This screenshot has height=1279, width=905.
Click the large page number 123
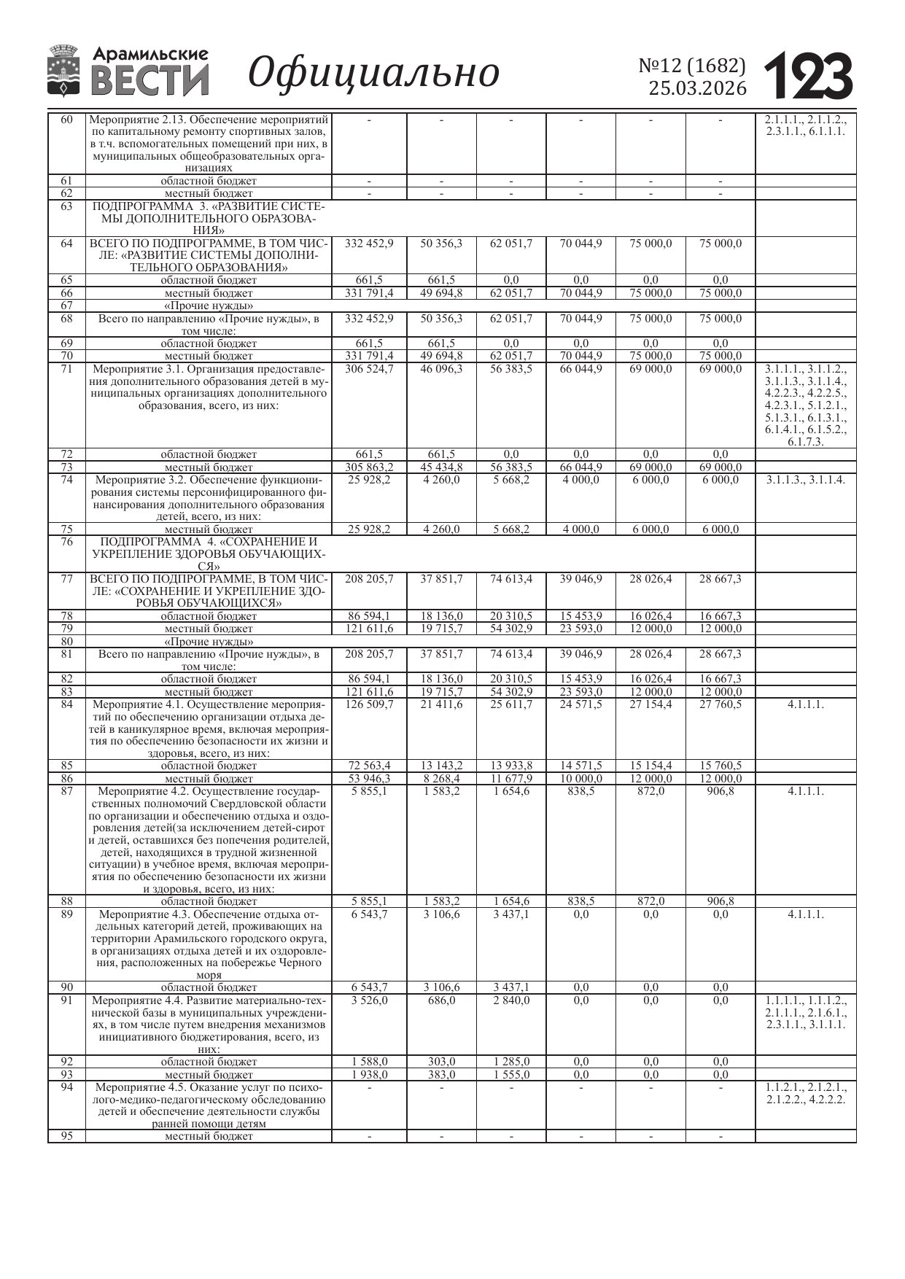click(809, 77)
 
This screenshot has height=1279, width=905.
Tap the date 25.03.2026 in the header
click(698, 88)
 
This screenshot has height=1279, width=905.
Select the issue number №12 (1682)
click(692, 66)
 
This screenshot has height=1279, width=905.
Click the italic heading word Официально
click(373, 72)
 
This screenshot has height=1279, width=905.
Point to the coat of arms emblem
click(63, 71)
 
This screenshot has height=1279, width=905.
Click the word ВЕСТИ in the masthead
click(149, 81)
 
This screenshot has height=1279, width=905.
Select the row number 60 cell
click(66, 120)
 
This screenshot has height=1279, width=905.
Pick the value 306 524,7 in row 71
click(369, 369)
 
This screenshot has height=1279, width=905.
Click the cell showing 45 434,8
click(441, 467)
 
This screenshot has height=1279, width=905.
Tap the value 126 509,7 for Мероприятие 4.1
click(369, 704)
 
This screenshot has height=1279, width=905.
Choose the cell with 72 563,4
click(369, 766)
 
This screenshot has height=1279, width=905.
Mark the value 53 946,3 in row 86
click(369, 779)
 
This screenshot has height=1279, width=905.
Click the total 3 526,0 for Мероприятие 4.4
click(369, 1000)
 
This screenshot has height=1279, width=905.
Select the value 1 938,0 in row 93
click(369, 1075)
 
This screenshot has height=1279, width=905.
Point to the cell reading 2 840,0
click(511, 1000)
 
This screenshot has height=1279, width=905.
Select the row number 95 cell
click(66, 1135)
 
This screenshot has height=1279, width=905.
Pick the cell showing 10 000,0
click(581, 779)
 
